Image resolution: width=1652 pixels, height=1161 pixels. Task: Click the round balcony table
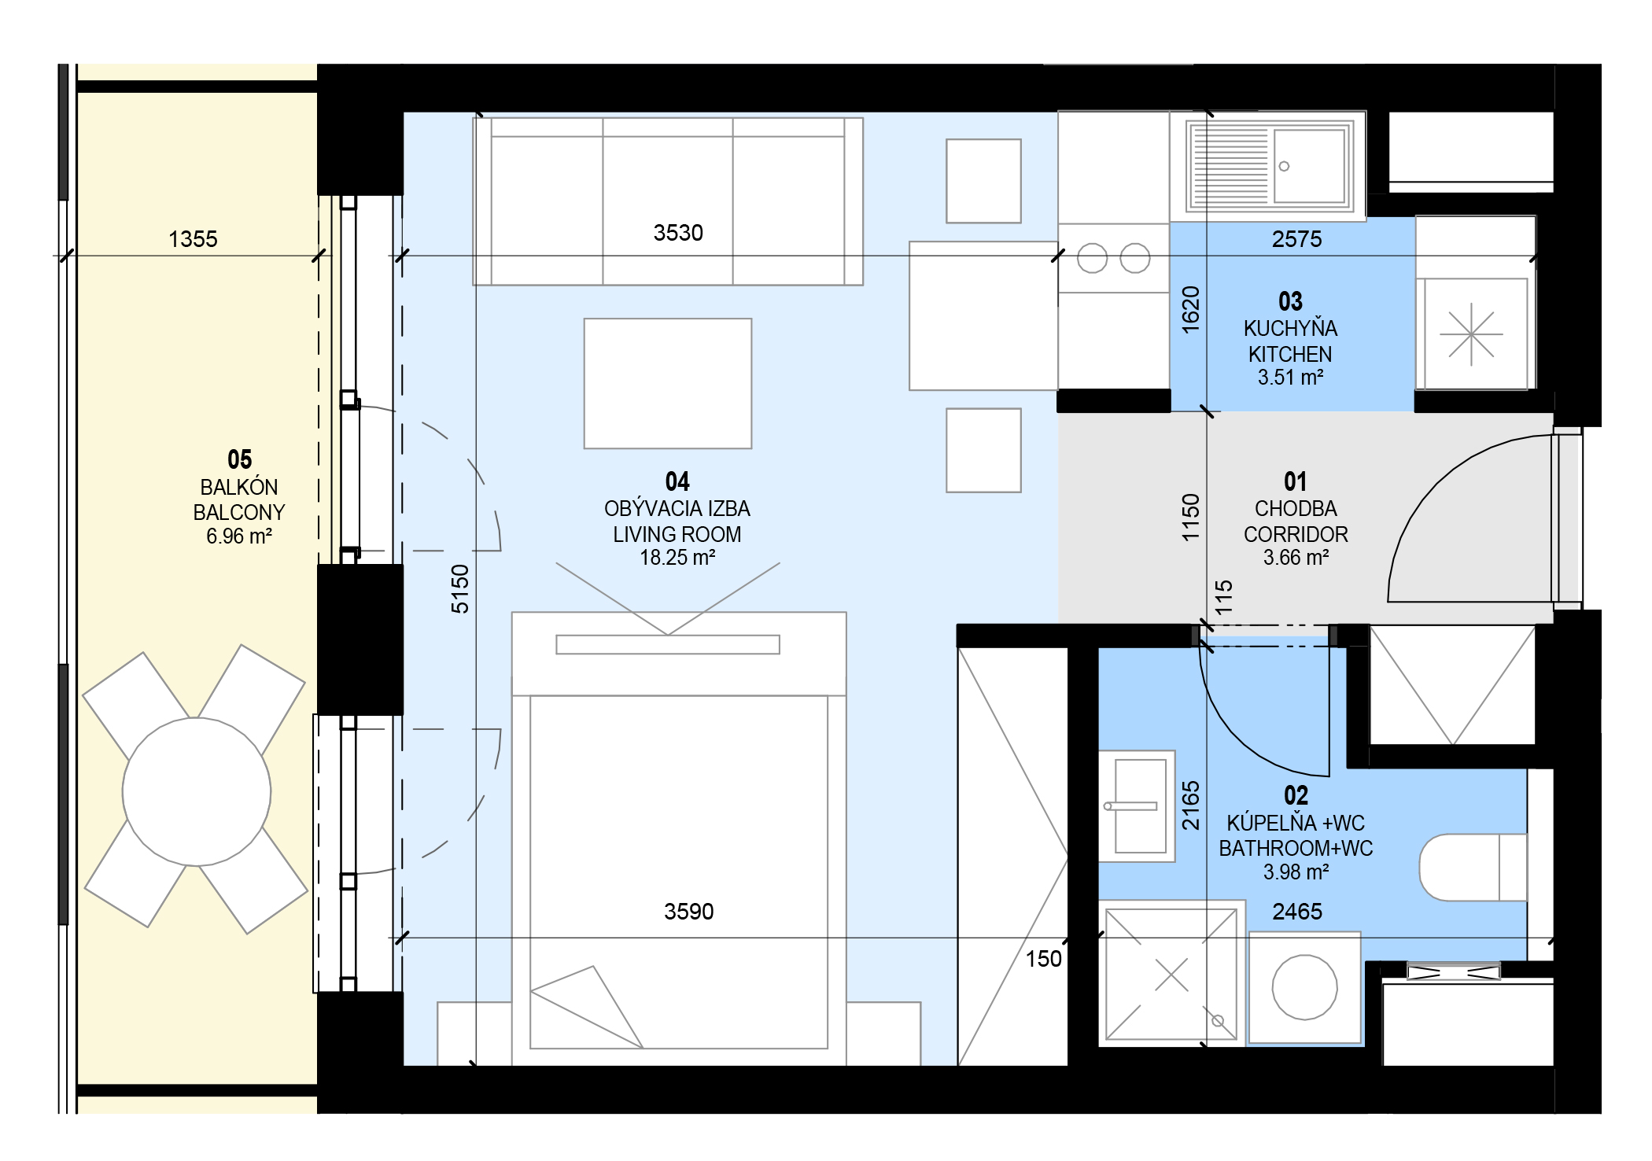click(197, 791)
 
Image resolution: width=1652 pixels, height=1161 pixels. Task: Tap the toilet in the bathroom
click(1473, 867)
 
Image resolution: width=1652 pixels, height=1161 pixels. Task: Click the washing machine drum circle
click(1304, 987)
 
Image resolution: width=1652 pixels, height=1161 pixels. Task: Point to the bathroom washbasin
click(1137, 806)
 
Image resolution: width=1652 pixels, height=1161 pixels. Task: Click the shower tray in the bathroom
click(1171, 974)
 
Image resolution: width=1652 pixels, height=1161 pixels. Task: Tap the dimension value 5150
click(460, 588)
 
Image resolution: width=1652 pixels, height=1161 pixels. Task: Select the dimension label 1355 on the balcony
click(193, 239)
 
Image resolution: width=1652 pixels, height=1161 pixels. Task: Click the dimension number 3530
click(678, 233)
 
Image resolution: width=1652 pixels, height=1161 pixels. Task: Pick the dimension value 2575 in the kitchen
click(1297, 239)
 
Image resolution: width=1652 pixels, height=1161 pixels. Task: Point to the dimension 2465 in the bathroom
click(1297, 912)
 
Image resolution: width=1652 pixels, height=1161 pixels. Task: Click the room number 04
click(677, 481)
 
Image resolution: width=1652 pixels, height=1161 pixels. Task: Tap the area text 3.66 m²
click(1296, 558)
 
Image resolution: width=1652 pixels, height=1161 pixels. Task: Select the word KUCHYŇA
click(1290, 328)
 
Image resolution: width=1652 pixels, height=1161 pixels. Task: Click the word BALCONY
click(239, 513)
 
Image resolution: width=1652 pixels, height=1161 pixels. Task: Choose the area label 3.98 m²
click(1296, 872)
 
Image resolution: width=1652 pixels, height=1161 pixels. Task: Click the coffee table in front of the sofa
click(668, 384)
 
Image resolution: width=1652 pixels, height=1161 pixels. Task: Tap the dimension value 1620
click(1191, 309)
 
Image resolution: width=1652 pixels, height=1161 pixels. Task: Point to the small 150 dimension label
click(1044, 959)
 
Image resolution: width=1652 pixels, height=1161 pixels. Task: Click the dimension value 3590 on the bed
click(689, 912)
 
